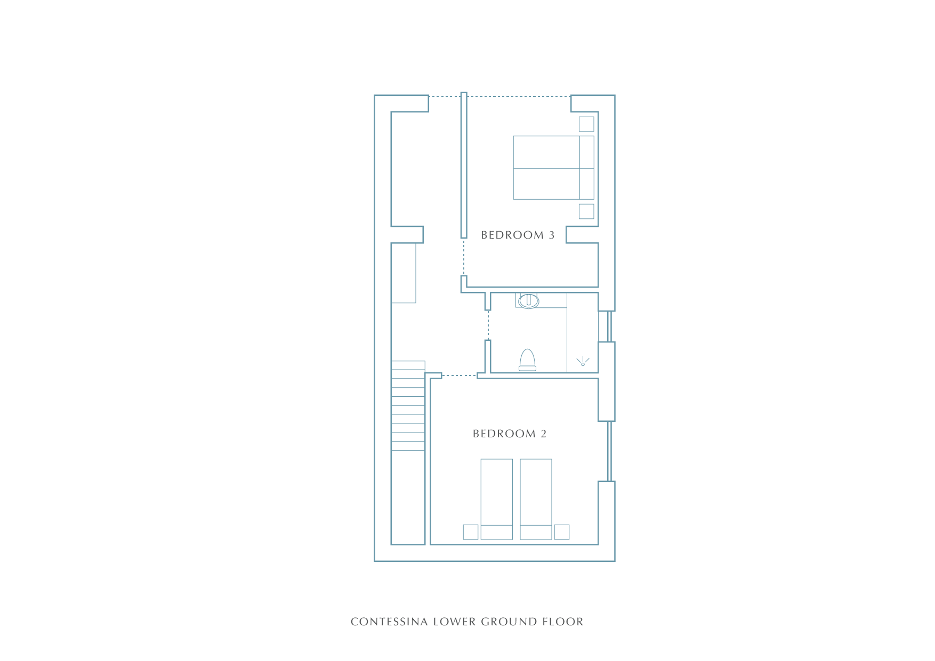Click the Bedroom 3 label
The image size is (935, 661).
pos(518,235)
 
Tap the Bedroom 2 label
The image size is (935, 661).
pos(510,434)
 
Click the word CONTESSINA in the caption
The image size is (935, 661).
pos(389,622)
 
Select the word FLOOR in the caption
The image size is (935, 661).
pos(563,622)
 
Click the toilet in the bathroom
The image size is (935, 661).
pos(527,360)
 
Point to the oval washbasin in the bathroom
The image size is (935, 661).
pos(529,301)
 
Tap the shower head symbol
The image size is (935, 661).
pos(583,362)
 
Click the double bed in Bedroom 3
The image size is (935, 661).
pos(553,168)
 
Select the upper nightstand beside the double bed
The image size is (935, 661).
pos(586,124)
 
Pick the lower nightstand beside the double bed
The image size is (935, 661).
pos(586,211)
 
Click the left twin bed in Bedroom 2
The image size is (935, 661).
pos(497,499)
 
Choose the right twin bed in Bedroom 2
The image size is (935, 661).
pos(536,499)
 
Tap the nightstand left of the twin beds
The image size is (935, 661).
pos(471,532)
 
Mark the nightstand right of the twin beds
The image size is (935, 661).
pos(562,532)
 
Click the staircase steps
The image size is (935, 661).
pos(408,406)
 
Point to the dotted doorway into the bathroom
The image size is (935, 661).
pos(488,325)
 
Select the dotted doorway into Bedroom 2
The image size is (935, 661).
pos(460,376)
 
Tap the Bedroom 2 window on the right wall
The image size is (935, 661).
pos(609,452)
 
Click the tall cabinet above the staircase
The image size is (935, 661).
pos(404,273)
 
